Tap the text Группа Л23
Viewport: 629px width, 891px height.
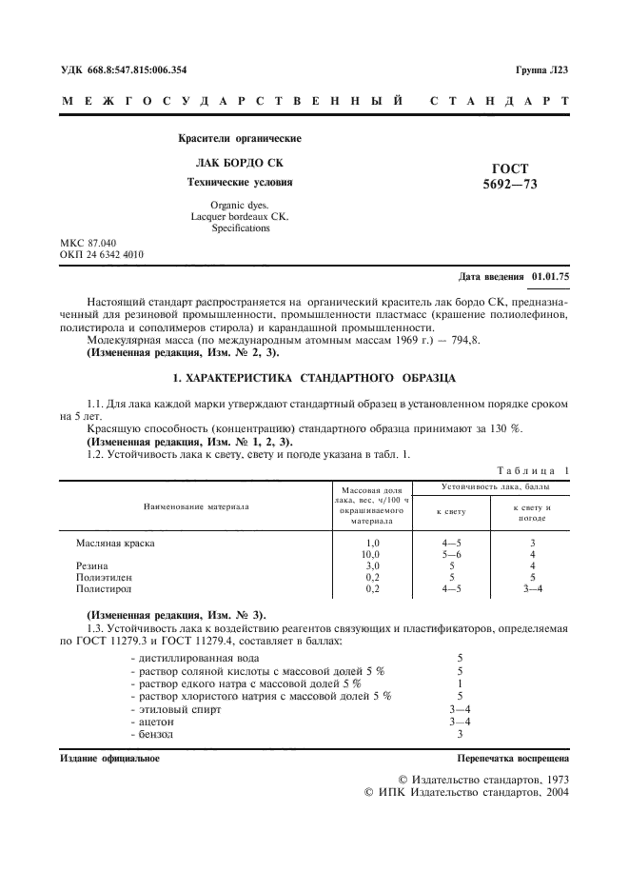click(541, 69)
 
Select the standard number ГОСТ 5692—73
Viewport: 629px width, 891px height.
click(510, 176)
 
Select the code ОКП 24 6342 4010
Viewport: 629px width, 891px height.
click(102, 256)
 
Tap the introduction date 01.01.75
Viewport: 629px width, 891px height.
click(551, 277)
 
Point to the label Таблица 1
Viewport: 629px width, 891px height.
click(533, 469)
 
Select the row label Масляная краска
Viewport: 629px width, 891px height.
click(115, 543)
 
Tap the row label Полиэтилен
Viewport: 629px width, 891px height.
click(104, 577)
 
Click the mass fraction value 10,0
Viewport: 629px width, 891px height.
click(372, 554)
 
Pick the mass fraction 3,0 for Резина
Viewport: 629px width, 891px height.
click(372, 565)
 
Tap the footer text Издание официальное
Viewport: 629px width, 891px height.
click(109, 759)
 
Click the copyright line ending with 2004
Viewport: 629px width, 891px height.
click(467, 791)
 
